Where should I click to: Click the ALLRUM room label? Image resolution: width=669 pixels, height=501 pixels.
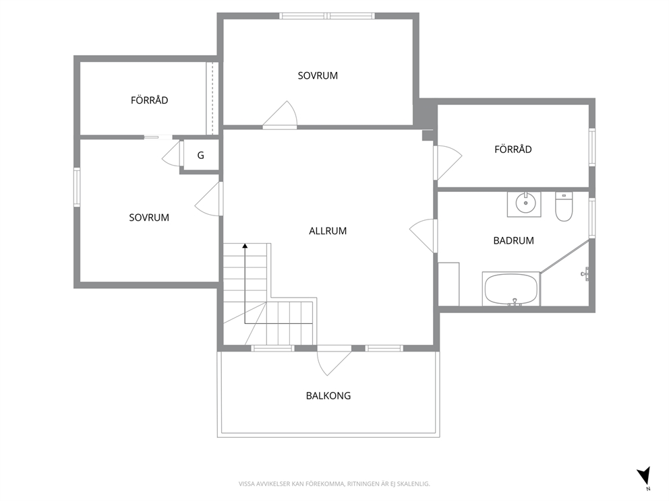pos(328,231)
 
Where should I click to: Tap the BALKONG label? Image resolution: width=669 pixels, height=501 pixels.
pos(328,396)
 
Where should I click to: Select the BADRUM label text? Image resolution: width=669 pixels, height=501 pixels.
pos(513,240)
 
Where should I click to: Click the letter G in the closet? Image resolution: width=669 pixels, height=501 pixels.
pos(200,156)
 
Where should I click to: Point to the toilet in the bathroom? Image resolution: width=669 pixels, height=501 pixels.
pos(564,207)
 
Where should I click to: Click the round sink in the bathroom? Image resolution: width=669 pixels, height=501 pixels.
pos(525,203)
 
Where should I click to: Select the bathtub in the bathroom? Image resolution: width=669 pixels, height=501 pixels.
pos(511,289)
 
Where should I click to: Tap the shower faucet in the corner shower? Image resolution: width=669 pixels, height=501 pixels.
pos(585,274)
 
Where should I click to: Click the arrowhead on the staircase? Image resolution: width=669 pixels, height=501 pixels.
pos(245,246)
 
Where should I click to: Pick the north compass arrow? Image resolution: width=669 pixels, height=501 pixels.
pos(644,475)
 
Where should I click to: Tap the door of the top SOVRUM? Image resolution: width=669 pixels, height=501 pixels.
pos(279,115)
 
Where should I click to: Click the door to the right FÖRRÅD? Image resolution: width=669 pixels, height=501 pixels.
pos(448,162)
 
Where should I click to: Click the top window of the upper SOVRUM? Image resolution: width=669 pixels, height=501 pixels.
pos(327,16)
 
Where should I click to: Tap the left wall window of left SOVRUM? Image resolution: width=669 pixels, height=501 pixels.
pos(77,187)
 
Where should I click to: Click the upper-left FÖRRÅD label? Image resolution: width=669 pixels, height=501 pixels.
pos(149,100)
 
